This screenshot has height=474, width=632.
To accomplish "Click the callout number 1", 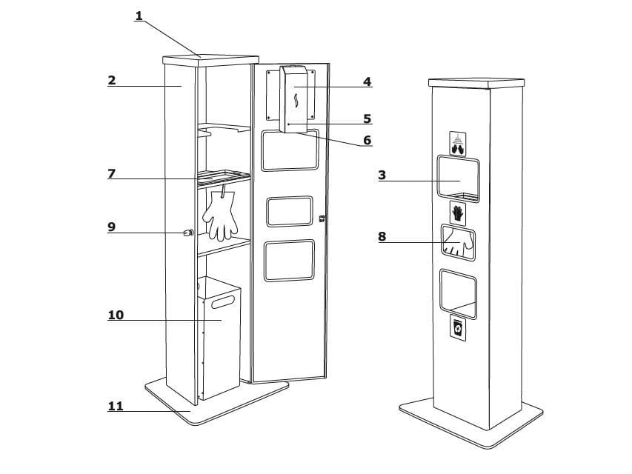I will click(x=139, y=15).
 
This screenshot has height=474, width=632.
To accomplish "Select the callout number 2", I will click(x=111, y=80).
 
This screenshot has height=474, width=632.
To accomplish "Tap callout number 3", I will click(x=382, y=175).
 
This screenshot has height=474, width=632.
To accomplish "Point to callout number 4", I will click(x=367, y=81).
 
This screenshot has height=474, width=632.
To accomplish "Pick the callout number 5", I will click(x=367, y=118).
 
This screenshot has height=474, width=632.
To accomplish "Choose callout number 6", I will click(x=367, y=139).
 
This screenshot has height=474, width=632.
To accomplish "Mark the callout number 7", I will click(x=111, y=173).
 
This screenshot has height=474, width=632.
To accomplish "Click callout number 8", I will click(x=382, y=236).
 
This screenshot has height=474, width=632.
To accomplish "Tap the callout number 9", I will click(x=111, y=227).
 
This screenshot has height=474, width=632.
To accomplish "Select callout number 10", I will click(x=116, y=315).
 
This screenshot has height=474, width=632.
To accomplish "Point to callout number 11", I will click(x=116, y=406).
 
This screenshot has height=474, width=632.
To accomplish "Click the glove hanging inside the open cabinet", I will click(x=220, y=216).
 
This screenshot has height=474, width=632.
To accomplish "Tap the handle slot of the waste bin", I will click(x=222, y=301).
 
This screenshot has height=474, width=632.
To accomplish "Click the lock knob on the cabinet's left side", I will click(x=188, y=233).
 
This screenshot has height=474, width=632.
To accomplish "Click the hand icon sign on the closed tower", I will click(x=458, y=213).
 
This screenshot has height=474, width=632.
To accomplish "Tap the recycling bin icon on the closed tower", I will click(x=459, y=328).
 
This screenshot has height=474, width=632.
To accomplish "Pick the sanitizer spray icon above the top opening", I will click(x=459, y=143).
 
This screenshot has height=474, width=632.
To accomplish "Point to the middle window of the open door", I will click(x=290, y=212).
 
